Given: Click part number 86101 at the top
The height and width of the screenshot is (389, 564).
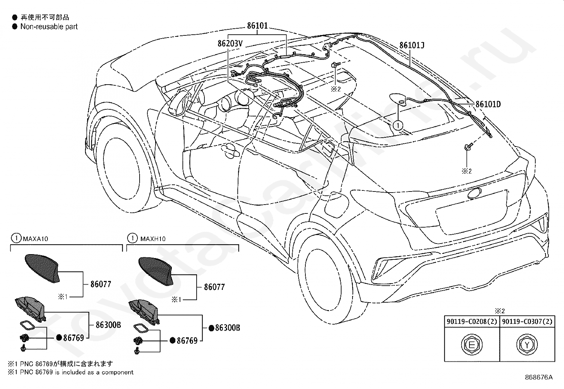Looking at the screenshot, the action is pos(257,26).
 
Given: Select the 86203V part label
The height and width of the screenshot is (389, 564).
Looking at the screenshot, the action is pos(230,44).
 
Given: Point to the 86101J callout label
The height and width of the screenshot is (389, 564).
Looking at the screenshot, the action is pos(412,45).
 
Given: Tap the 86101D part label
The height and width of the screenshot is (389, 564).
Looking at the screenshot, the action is pos(488,104).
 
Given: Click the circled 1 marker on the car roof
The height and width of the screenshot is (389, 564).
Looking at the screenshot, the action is pos(398,125).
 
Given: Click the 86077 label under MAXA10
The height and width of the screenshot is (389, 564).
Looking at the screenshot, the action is pos(101,284).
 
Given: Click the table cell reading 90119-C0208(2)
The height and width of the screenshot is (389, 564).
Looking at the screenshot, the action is pos(472,321).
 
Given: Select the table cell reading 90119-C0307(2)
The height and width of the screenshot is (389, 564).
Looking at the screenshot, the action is pos(527,321).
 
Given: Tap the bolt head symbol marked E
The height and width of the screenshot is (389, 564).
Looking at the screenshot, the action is pos(472,345).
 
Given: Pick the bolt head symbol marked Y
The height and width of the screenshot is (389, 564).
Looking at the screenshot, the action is pos(527,345).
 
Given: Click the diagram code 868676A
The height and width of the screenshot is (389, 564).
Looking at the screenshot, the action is pos(538,377).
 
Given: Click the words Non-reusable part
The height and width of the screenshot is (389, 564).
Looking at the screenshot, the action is pos(49,27).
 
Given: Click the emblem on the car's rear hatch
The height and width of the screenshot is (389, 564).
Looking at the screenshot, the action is pos(474,194).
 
